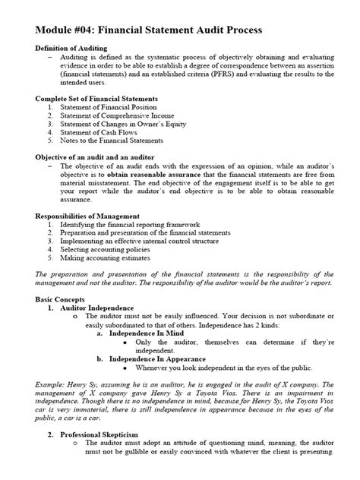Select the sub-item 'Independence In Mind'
[145, 333]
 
